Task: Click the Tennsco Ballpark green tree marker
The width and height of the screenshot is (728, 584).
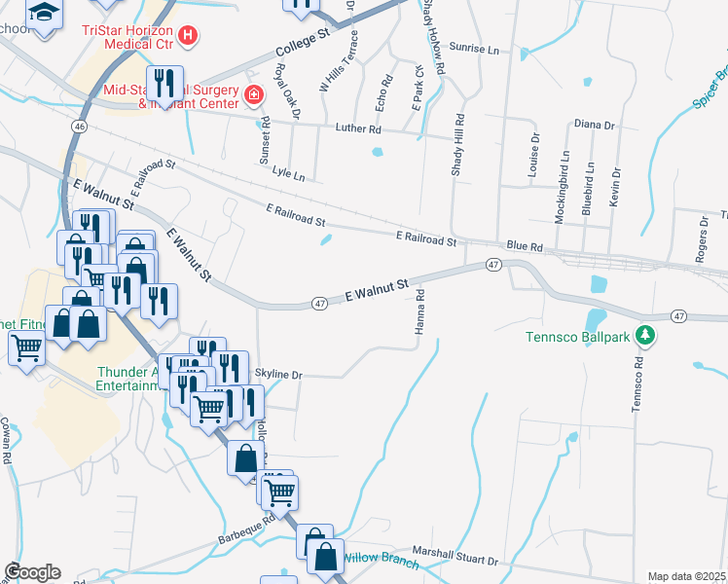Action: coord(642,336)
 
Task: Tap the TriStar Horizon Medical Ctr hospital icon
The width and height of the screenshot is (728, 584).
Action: coord(189,37)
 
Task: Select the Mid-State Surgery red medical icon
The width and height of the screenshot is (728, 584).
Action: coord(253,95)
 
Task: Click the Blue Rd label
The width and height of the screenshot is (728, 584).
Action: coord(522,247)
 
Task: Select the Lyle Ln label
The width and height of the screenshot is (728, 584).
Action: coord(289,176)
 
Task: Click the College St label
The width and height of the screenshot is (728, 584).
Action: coord(304,43)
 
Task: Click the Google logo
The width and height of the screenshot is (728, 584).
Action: coord(32,572)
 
